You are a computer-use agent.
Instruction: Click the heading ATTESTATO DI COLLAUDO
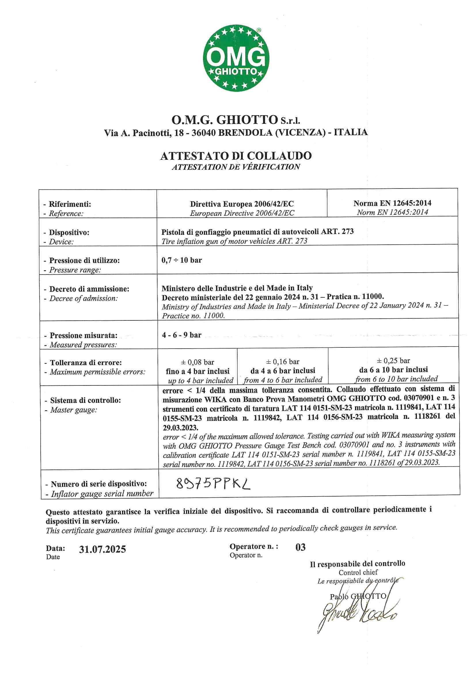coord(236,156)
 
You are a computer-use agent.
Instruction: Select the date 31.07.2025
coord(102,549)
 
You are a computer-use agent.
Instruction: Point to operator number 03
coord(301,547)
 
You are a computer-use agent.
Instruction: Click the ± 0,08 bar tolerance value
coord(198,362)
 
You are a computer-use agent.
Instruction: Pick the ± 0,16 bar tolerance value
coord(283,362)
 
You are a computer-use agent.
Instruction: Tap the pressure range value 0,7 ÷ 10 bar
coord(181,260)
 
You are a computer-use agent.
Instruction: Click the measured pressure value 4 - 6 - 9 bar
coord(181,335)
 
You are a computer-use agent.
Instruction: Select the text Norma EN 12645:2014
coord(392,203)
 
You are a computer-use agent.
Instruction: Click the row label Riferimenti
coord(70,204)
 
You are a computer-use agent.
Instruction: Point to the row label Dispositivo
coord(69,233)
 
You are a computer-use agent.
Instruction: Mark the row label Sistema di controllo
coord(85,400)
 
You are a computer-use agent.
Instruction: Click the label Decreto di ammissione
coord(89,289)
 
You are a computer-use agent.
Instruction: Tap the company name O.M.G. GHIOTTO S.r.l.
coord(236,120)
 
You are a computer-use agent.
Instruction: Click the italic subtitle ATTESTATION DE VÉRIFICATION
coord(236,167)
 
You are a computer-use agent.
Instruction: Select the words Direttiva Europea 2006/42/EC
coord(242,204)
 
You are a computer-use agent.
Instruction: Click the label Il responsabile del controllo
coord(358,564)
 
